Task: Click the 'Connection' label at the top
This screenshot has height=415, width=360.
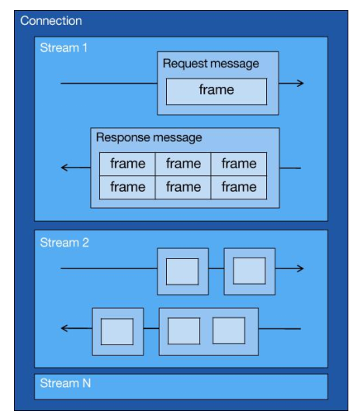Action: (51, 21)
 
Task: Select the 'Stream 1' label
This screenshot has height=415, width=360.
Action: (64, 48)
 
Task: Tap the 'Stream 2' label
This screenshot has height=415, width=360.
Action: (64, 242)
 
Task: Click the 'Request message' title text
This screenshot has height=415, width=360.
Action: (211, 64)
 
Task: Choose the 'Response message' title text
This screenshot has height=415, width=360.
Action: (149, 137)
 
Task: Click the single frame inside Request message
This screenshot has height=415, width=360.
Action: (216, 90)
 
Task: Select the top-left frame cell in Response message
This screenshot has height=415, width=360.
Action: (127, 164)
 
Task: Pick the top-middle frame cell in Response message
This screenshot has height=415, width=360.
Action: (183, 164)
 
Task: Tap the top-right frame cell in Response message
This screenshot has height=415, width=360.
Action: (238, 164)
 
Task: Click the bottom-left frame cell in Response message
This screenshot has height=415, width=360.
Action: (127, 187)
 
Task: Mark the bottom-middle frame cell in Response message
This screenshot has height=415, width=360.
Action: (183, 187)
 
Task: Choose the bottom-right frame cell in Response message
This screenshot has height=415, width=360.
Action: (238, 187)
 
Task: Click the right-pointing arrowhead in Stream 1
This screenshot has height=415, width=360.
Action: (299, 83)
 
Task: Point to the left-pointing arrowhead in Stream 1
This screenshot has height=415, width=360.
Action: (65, 168)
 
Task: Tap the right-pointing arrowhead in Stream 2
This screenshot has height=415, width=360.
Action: (299, 269)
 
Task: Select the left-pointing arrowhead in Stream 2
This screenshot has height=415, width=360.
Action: (65, 329)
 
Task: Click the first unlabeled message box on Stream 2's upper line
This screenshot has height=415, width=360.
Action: (182, 271)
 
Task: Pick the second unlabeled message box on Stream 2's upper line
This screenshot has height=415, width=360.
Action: (249, 271)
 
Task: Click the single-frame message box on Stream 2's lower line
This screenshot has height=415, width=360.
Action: (117, 331)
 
